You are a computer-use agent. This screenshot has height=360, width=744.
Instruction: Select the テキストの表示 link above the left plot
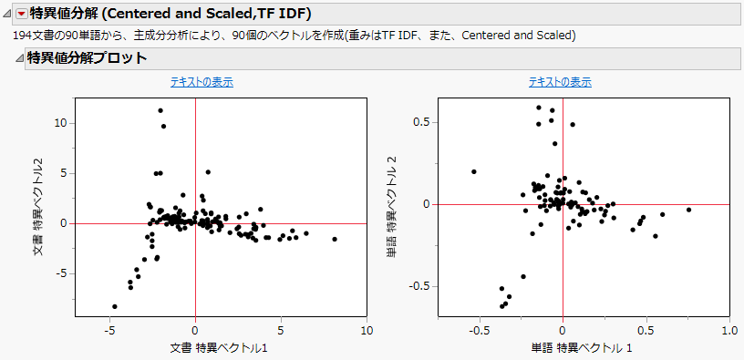(x=201, y=82)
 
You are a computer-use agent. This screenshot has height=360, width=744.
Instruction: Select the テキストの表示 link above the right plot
(x=560, y=82)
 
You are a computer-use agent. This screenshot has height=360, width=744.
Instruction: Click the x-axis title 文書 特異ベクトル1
(x=219, y=348)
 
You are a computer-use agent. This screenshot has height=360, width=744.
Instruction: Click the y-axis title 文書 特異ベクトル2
(x=39, y=205)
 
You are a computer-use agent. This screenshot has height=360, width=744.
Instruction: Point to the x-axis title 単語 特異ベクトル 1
(x=581, y=348)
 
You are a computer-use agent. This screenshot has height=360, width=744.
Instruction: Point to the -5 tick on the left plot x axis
(x=109, y=330)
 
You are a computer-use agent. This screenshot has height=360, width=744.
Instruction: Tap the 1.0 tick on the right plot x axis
(x=728, y=330)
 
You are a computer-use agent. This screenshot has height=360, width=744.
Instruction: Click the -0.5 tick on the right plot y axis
(x=418, y=286)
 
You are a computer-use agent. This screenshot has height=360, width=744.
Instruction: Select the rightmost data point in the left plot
(x=335, y=239)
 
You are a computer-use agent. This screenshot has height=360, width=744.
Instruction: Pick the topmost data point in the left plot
(x=160, y=110)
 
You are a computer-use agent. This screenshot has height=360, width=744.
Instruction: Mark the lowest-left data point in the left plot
(x=115, y=306)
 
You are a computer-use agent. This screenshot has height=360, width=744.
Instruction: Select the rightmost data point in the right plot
(x=688, y=210)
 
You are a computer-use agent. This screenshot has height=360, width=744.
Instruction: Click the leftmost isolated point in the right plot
(x=474, y=171)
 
